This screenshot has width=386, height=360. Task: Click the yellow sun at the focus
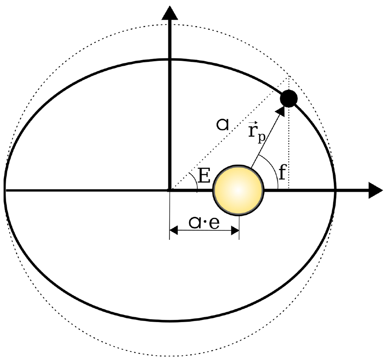tap(238, 190)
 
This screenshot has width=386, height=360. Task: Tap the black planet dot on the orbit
tap(288, 99)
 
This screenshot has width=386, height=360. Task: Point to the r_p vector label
tap(256, 131)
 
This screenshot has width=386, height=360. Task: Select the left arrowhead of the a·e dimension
tap(173, 230)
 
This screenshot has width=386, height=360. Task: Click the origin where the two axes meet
tap(169, 190)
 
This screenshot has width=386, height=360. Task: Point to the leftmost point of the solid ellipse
tap(5, 190)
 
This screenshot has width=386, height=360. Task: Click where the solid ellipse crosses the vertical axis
tap(169, 60)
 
